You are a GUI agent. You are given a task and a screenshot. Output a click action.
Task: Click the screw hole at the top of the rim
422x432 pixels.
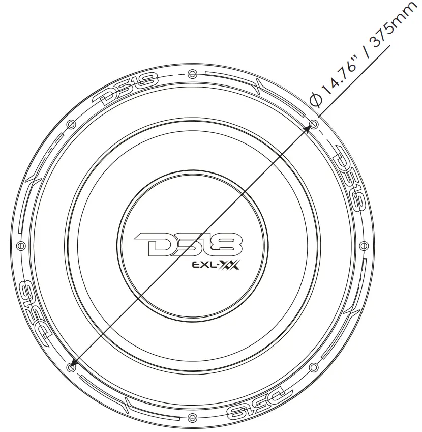click(192, 74)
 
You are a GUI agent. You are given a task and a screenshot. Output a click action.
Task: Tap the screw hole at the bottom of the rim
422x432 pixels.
click(192, 417)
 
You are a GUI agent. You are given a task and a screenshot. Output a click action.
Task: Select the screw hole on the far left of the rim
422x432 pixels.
click(21, 245)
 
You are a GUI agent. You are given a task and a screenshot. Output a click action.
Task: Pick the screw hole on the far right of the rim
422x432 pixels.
click(364, 245)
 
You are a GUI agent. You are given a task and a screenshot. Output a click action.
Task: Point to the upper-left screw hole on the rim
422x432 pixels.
click(71, 124)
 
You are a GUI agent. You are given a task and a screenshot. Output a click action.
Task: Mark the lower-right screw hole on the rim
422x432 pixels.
click(313, 367)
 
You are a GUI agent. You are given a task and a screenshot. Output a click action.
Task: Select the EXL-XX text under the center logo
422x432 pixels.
click(216, 265)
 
